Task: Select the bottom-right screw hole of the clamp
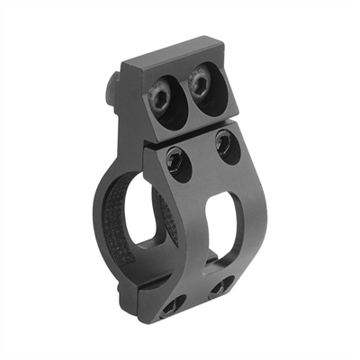(x=219, y=289)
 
